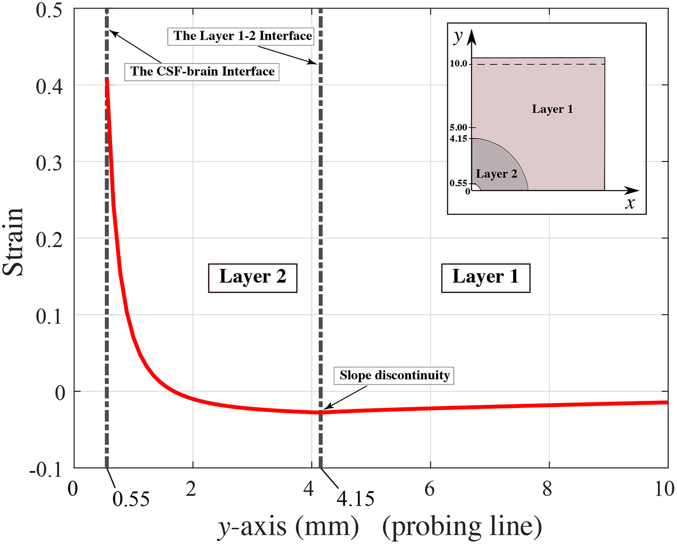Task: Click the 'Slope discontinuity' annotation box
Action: coord(394,375)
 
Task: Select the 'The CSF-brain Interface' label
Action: coord(202,72)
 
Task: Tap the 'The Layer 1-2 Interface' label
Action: coord(242,36)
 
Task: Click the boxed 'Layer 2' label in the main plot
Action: coord(253,277)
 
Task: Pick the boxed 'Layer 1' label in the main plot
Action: coord(485,277)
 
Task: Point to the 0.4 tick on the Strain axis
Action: coord(49,86)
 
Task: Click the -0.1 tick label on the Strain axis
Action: coord(46,469)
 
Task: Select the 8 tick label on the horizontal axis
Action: coord(548,489)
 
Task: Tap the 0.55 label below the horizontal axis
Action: coord(131,500)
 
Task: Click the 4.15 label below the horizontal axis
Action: coord(355,500)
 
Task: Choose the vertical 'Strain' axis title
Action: coord(13,242)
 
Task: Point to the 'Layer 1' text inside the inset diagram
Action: coord(552,109)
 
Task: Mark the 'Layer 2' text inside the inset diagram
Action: coord(496,174)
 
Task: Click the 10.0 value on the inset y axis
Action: coord(458,64)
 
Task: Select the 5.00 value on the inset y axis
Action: coord(458,128)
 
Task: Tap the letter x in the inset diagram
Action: coord(630,203)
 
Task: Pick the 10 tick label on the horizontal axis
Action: coord(664,489)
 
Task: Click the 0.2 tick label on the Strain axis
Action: coord(49,239)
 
